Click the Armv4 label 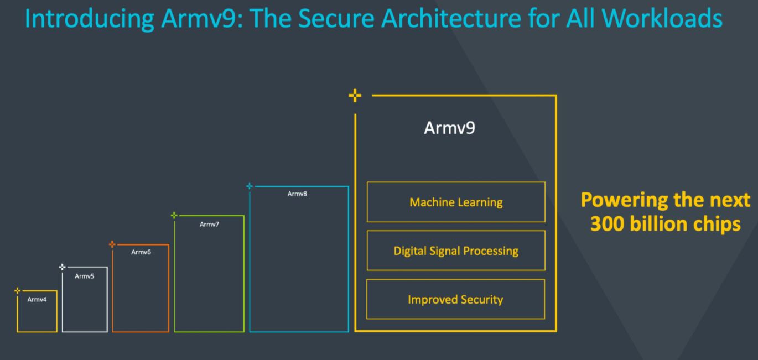(37, 300)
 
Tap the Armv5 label (84, 276)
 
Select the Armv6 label (141, 252)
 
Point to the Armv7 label (210, 224)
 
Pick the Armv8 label (297, 194)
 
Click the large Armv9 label (449, 128)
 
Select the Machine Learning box (456, 202)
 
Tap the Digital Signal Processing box (456, 251)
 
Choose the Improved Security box (456, 299)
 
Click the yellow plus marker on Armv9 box (355, 96)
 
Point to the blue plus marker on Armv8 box (250, 186)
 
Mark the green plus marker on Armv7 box (174, 215)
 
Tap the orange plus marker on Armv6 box (112, 244)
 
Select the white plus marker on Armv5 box (63, 267)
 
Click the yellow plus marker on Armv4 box (18, 290)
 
